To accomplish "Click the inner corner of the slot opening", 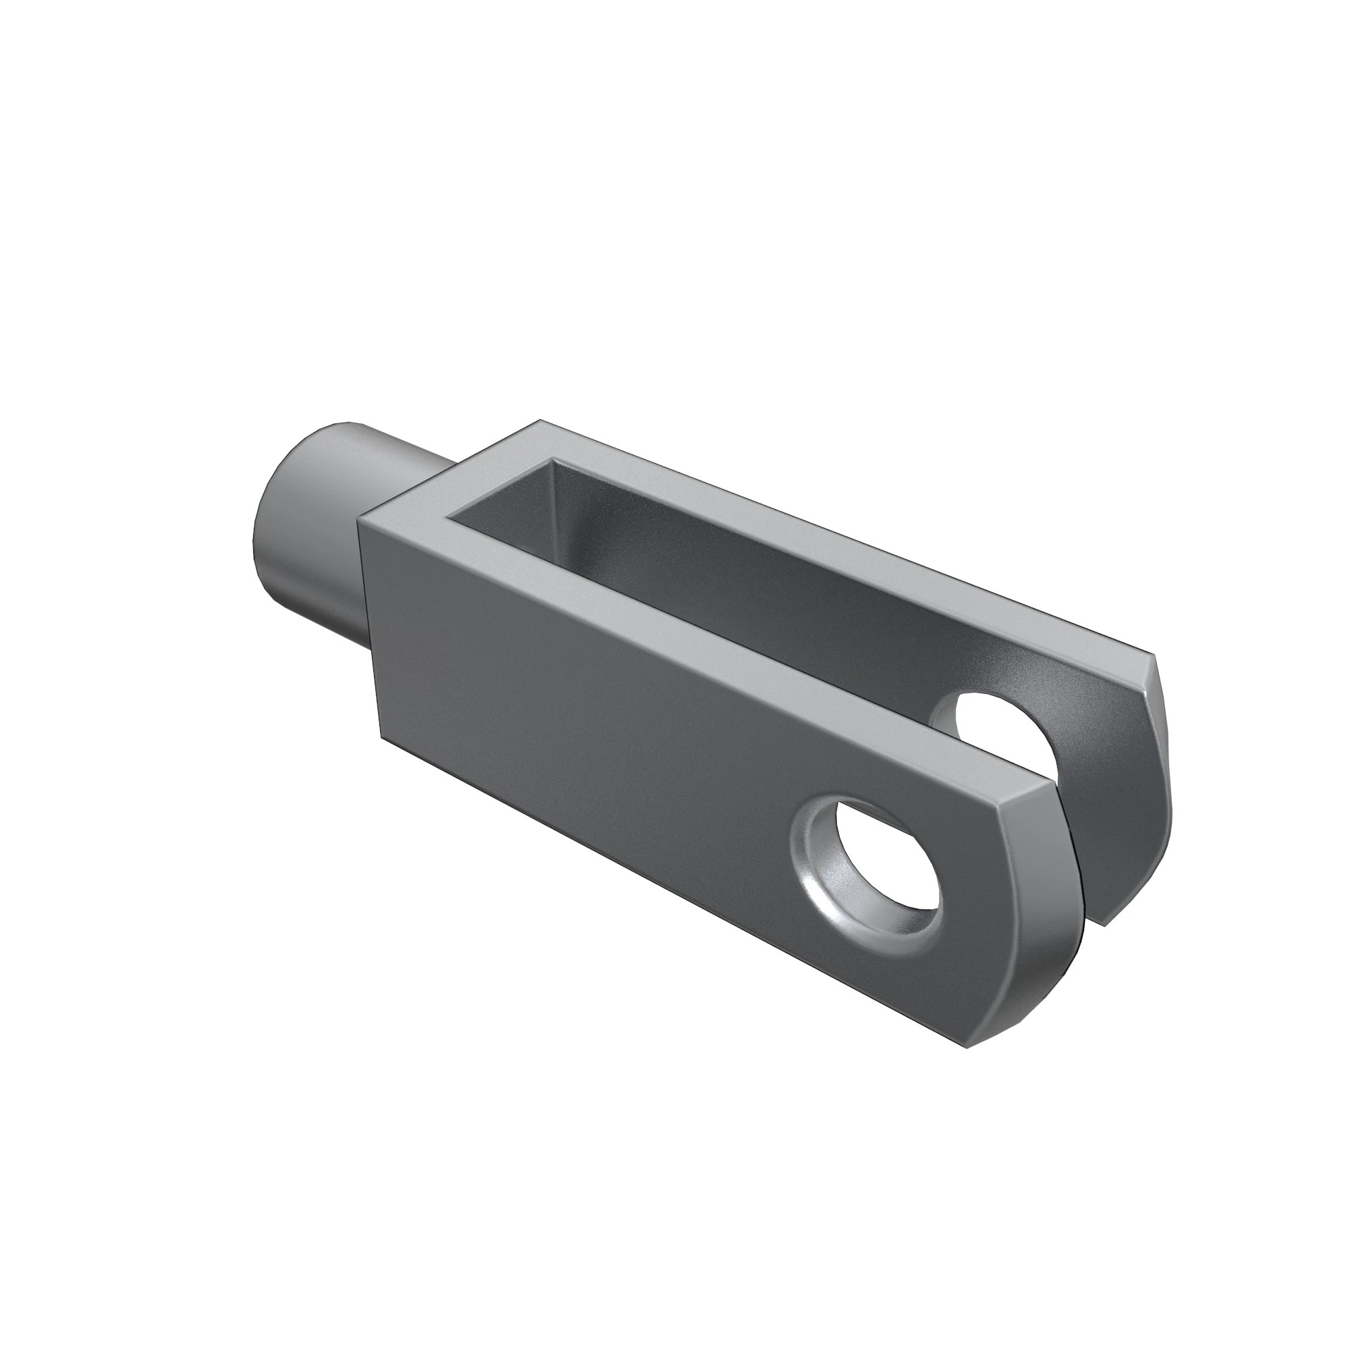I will [451, 517].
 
